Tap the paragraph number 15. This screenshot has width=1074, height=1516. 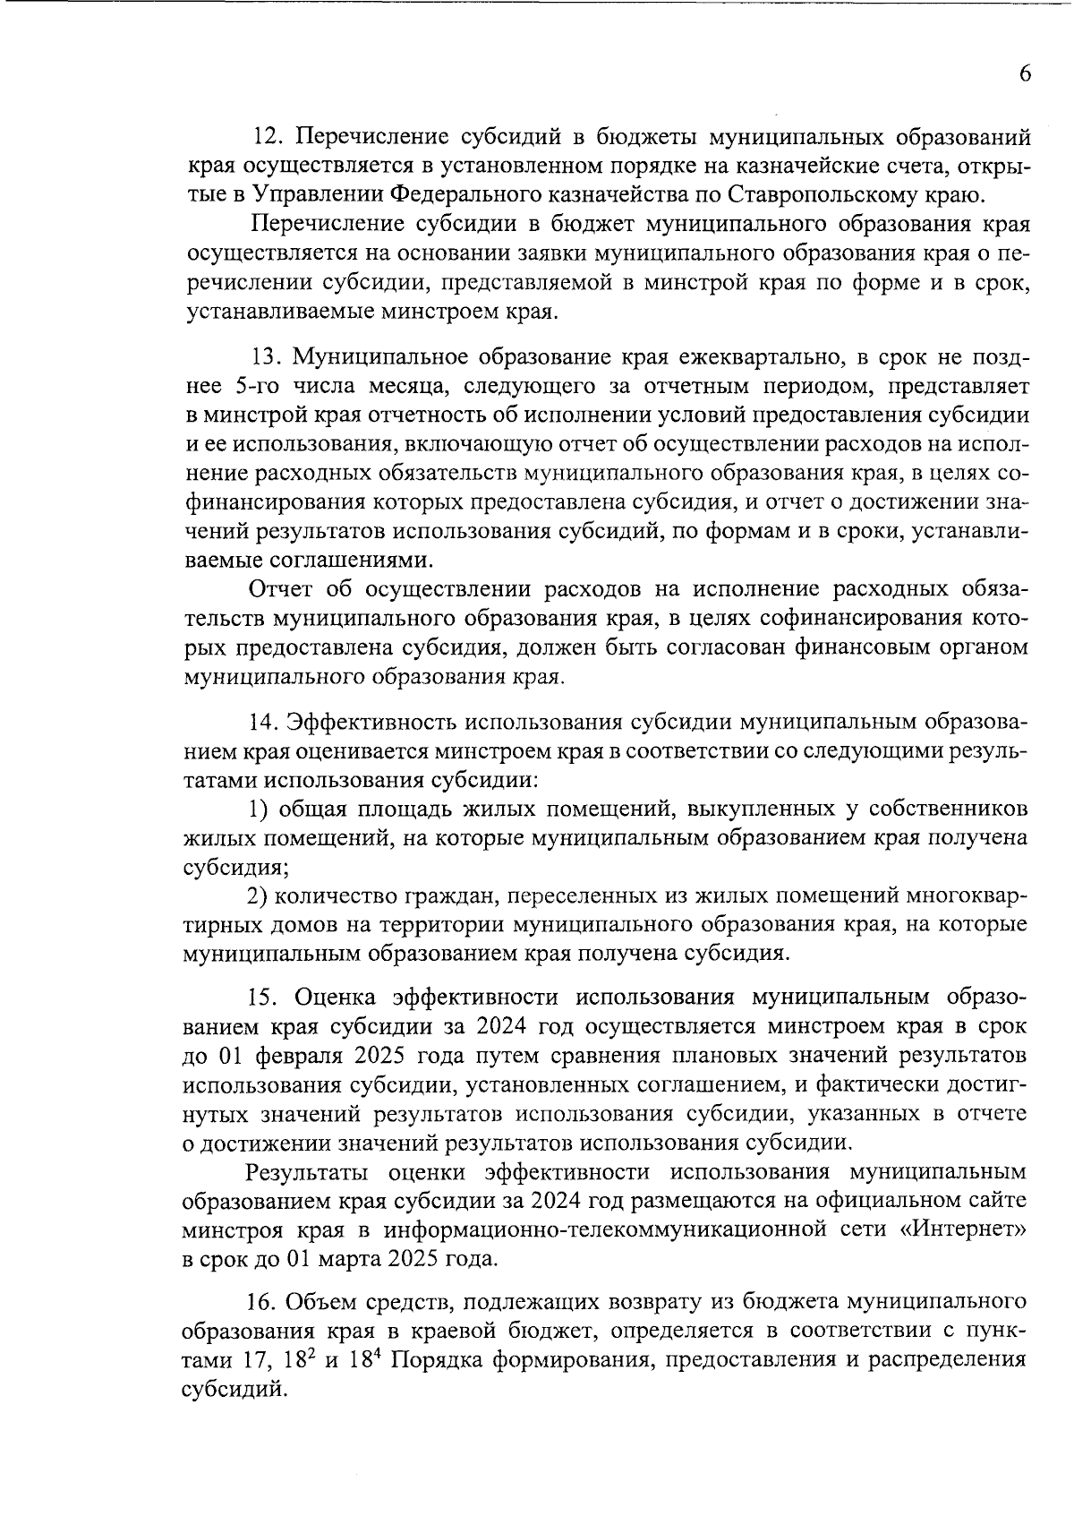[x=266, y=998]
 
